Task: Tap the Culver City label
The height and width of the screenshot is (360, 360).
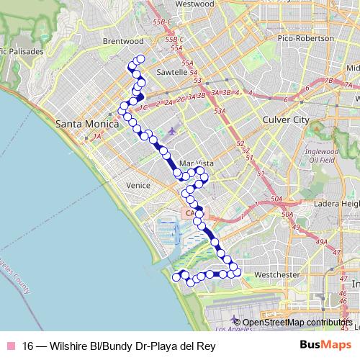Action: tap(286, 119)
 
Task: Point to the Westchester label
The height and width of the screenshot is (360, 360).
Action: tap(276, 275)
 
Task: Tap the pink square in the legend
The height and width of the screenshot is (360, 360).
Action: tap(11, 345)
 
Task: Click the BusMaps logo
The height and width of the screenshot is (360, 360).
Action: tap(325, 345)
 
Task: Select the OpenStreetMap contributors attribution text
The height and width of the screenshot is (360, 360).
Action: tap(296, 323)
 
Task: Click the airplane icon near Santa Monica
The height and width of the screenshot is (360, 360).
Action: tap(172, 131)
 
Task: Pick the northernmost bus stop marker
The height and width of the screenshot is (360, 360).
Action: tap(140, 60)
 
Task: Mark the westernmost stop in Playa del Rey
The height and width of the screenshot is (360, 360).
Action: tap(176, 276)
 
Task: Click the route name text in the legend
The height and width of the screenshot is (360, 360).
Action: tap(119, 345)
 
